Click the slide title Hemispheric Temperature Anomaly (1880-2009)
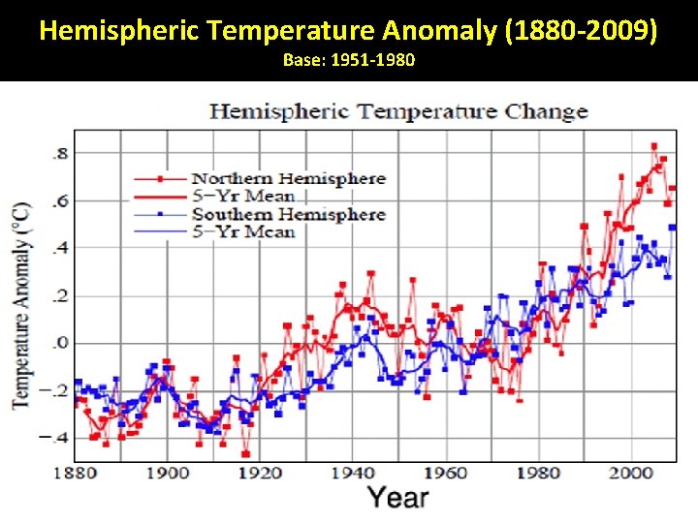[349, 32]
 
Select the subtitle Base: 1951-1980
[349, 61]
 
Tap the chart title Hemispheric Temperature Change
[398, 110]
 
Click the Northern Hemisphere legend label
[288, 178]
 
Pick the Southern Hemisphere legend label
[288, 214]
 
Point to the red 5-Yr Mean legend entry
[242, 197]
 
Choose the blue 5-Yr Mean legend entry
[242, 232]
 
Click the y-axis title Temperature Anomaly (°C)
[21, 304]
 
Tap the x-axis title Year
[397, 498]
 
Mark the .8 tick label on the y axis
[59, 154]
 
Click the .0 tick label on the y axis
[59, 343]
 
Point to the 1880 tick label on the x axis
[75, 473]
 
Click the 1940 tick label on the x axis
[353, 473]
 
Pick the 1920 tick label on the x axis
[260, 473]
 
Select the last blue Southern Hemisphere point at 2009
[673, 228]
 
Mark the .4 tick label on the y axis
[59, 249]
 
